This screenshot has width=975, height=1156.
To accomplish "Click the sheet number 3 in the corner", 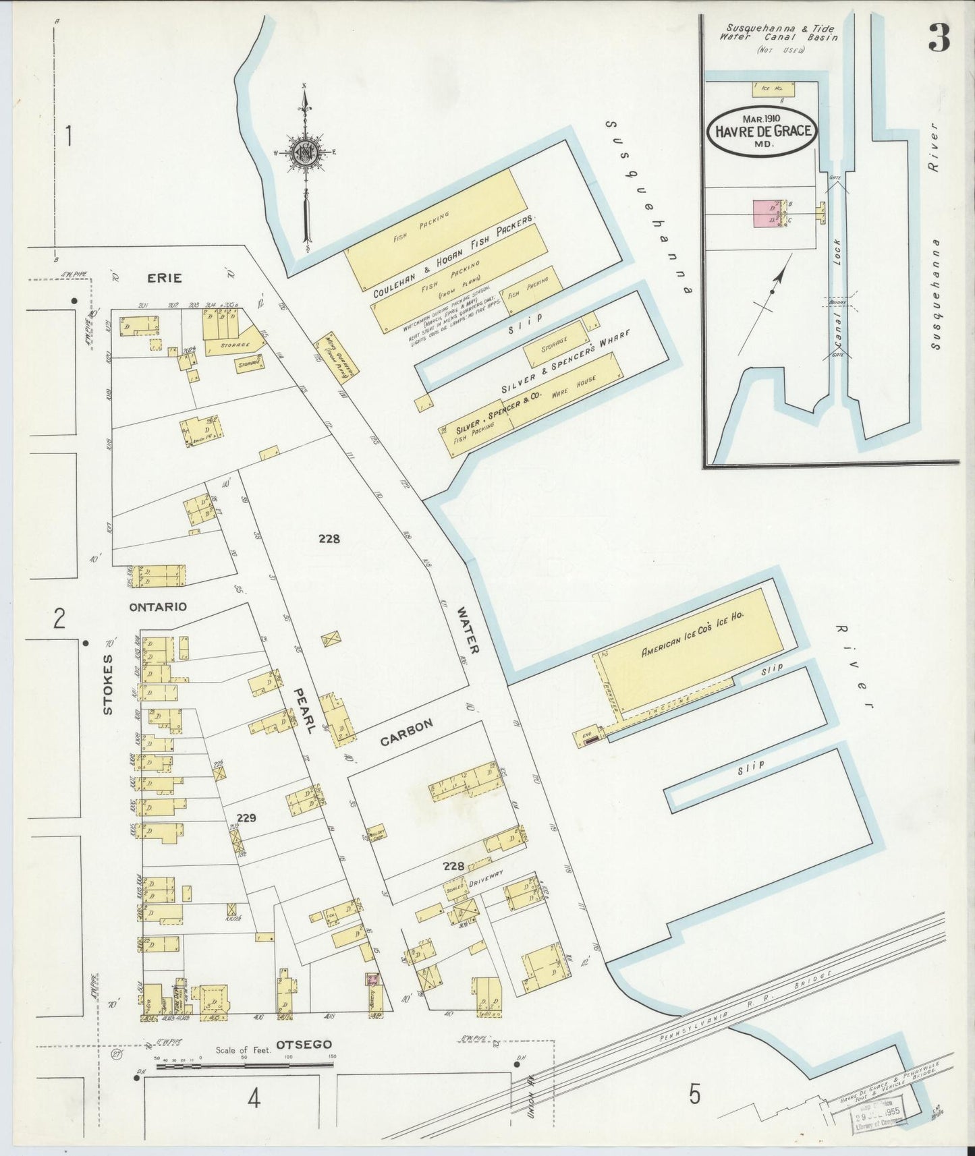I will [x=939, y=38].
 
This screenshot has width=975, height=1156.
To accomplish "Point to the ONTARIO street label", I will [x=158, y=606].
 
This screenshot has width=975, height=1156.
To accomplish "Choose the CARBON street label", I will [x=406, y=733].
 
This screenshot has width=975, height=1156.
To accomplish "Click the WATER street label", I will [x=468, y=631].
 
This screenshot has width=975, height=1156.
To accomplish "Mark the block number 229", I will [x=246, y=818].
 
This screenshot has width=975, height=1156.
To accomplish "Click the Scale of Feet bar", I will [x=244, y=1066].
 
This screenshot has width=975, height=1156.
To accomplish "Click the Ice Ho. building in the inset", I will [x=773, y=88].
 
